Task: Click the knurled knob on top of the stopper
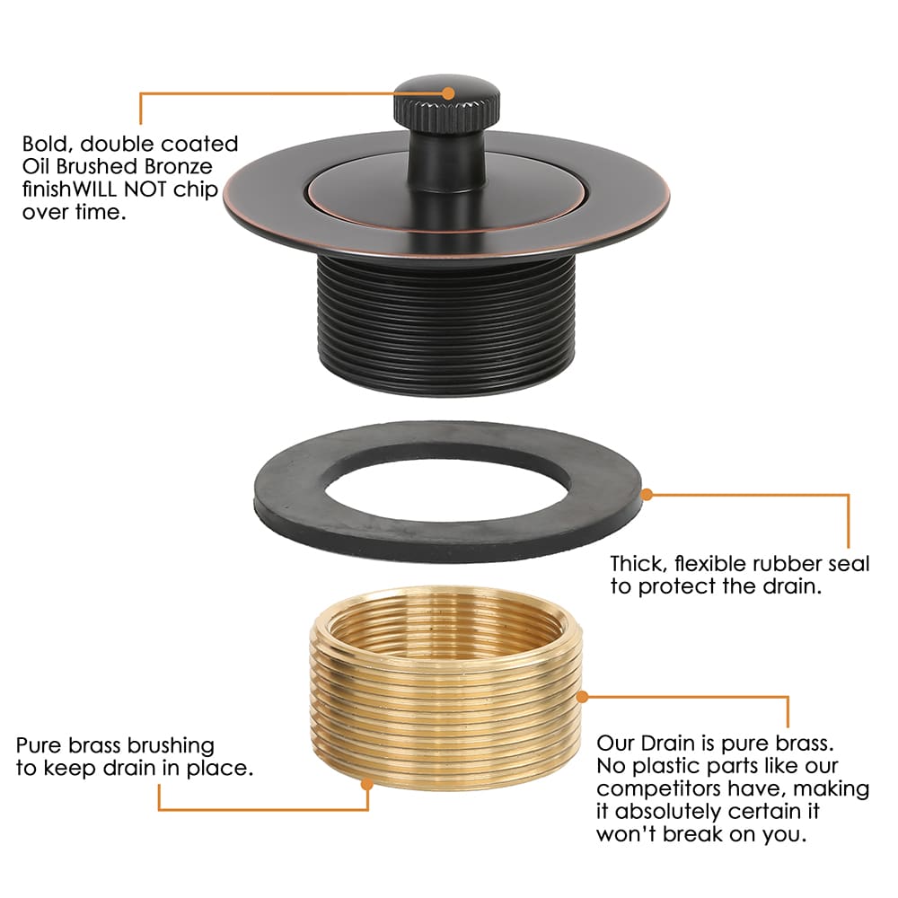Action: pyautogui.click(x=446, y=104)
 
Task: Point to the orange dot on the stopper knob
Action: pyautogui.click(x=449, y=93)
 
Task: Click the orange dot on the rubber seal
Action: pyautogui.click(x=647, y=494)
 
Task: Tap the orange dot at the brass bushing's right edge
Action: pyautogui.click(x=582, y=697)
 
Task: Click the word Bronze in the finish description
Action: pyautogui.click(x=178, y=167)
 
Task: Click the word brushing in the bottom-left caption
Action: pyautogui.click(x=171, y=745)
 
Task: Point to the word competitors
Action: pyautogui.click(x=658, y=789)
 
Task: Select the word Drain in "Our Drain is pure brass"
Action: pyautogui.click(x=662, y=744)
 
